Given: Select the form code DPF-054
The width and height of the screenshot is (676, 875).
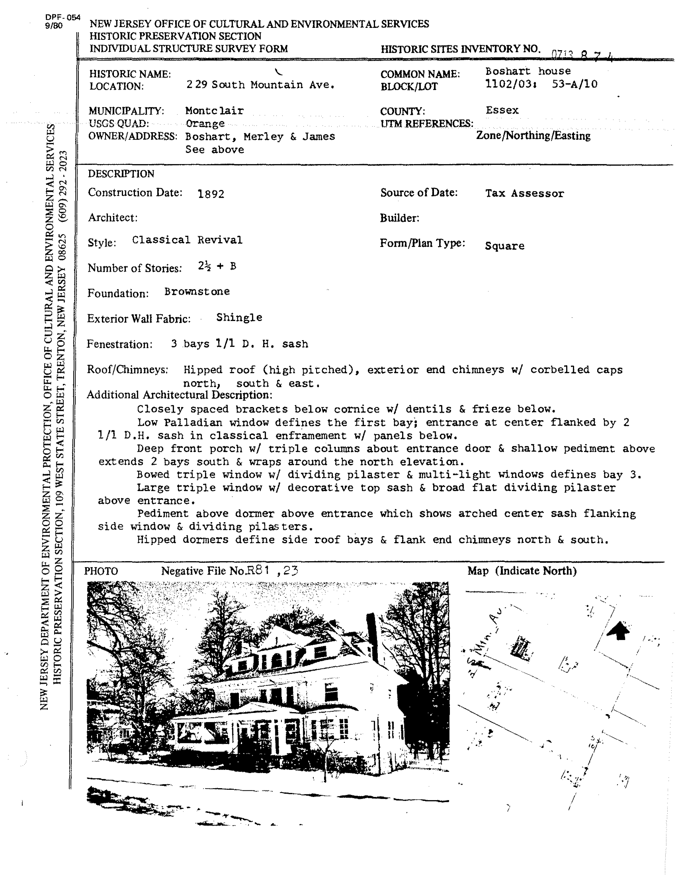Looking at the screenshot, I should (x=63, y=18).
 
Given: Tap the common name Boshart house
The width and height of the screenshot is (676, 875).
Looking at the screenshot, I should (x=528, y=71).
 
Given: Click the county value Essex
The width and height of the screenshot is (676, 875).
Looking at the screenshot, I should (x=502, y=110).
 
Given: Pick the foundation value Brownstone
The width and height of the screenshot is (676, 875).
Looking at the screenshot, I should (x=197, y=292).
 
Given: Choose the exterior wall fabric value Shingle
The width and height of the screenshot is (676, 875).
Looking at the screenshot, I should (x=239, y=318).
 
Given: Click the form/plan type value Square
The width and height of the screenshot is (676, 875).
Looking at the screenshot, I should (x=504, y=246).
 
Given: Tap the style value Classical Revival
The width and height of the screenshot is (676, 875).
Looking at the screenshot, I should (x=187, y=240).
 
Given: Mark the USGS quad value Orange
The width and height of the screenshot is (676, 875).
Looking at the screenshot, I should (x=205, y=123).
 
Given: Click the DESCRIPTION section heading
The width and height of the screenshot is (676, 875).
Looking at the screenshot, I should (x=121, y=174).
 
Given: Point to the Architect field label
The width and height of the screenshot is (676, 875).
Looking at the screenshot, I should (x=113, y=217).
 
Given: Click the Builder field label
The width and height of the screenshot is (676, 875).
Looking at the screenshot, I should (x=399, y=218).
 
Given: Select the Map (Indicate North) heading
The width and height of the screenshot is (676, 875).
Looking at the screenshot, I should (x=522, y=571).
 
